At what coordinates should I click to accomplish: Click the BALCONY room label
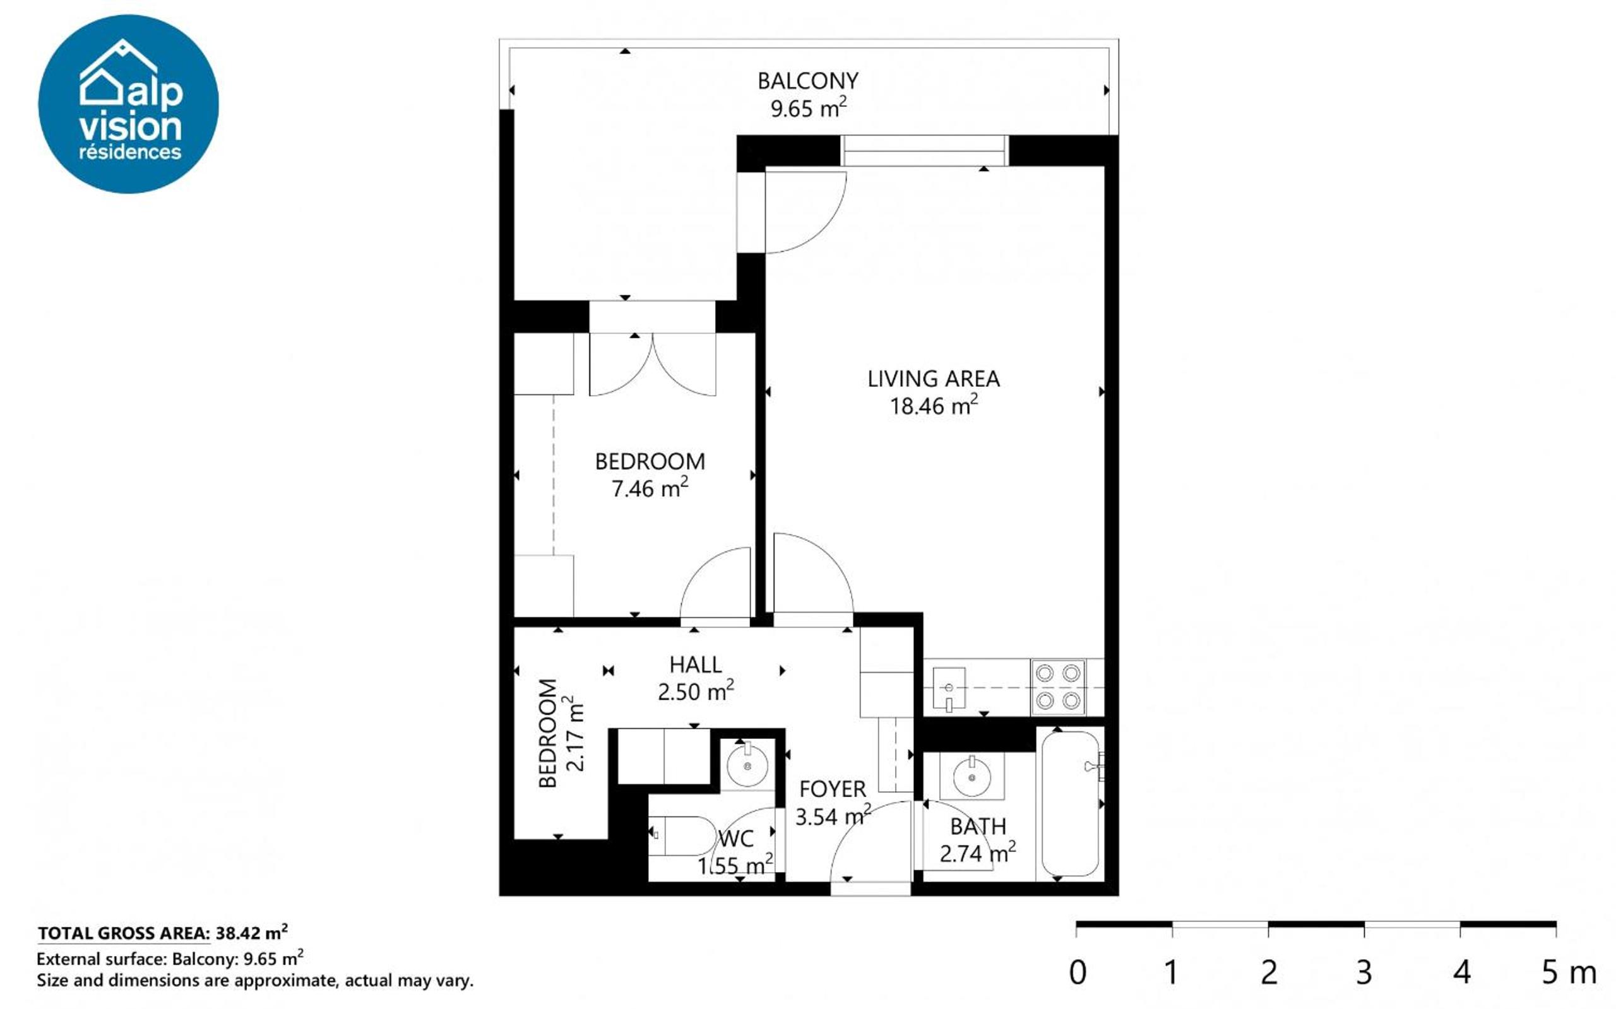coord(807,81)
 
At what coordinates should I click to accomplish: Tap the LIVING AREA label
coord(933,379)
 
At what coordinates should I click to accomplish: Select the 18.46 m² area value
coord(934,405)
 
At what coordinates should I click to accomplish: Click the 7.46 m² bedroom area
coord(650,488)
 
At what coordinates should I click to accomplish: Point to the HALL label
coord(696,664)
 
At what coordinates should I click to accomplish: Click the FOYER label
coord(833,789)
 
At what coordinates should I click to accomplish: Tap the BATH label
coord(978,827)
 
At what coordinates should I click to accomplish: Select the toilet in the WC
coord(682,835)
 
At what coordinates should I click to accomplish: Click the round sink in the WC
coord(747,765)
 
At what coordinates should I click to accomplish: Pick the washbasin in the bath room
coord(972,776)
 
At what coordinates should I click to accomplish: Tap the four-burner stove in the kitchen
coord(1058,687)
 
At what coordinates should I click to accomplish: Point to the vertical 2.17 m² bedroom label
coord(561,733)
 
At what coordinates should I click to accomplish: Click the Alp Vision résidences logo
coord(128,104)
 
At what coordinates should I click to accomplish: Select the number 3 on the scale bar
coord(1363,972)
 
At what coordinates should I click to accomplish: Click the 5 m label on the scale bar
coord(1569,972)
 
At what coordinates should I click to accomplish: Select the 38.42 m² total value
coord(252,931)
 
